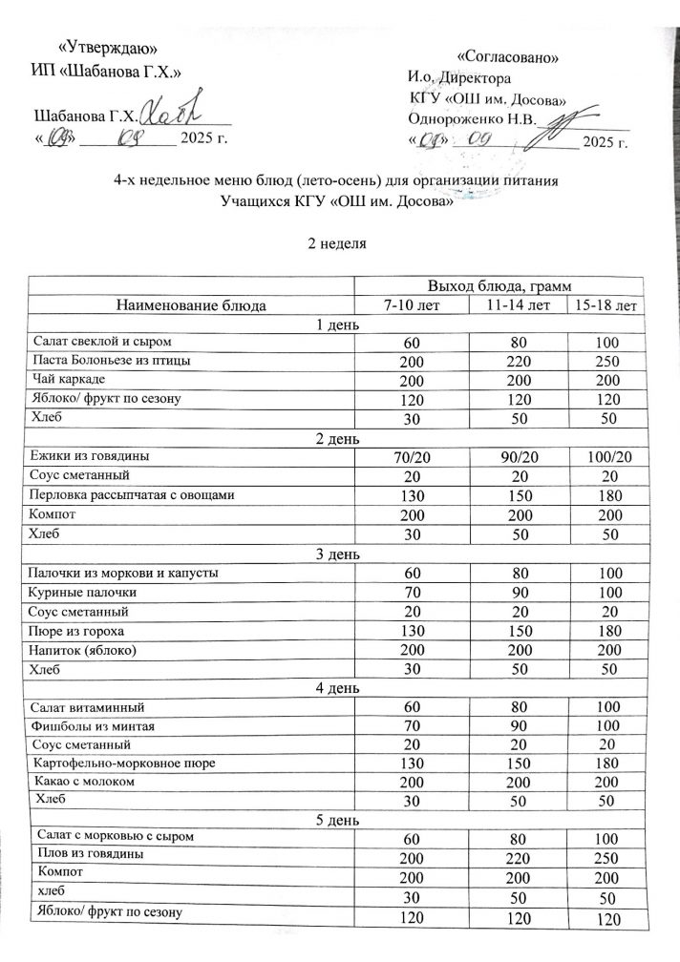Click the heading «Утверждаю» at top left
click(108, 48)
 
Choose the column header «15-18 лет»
click(605, 305)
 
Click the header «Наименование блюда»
click(191, 305)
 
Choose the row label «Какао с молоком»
click(84, 781)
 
